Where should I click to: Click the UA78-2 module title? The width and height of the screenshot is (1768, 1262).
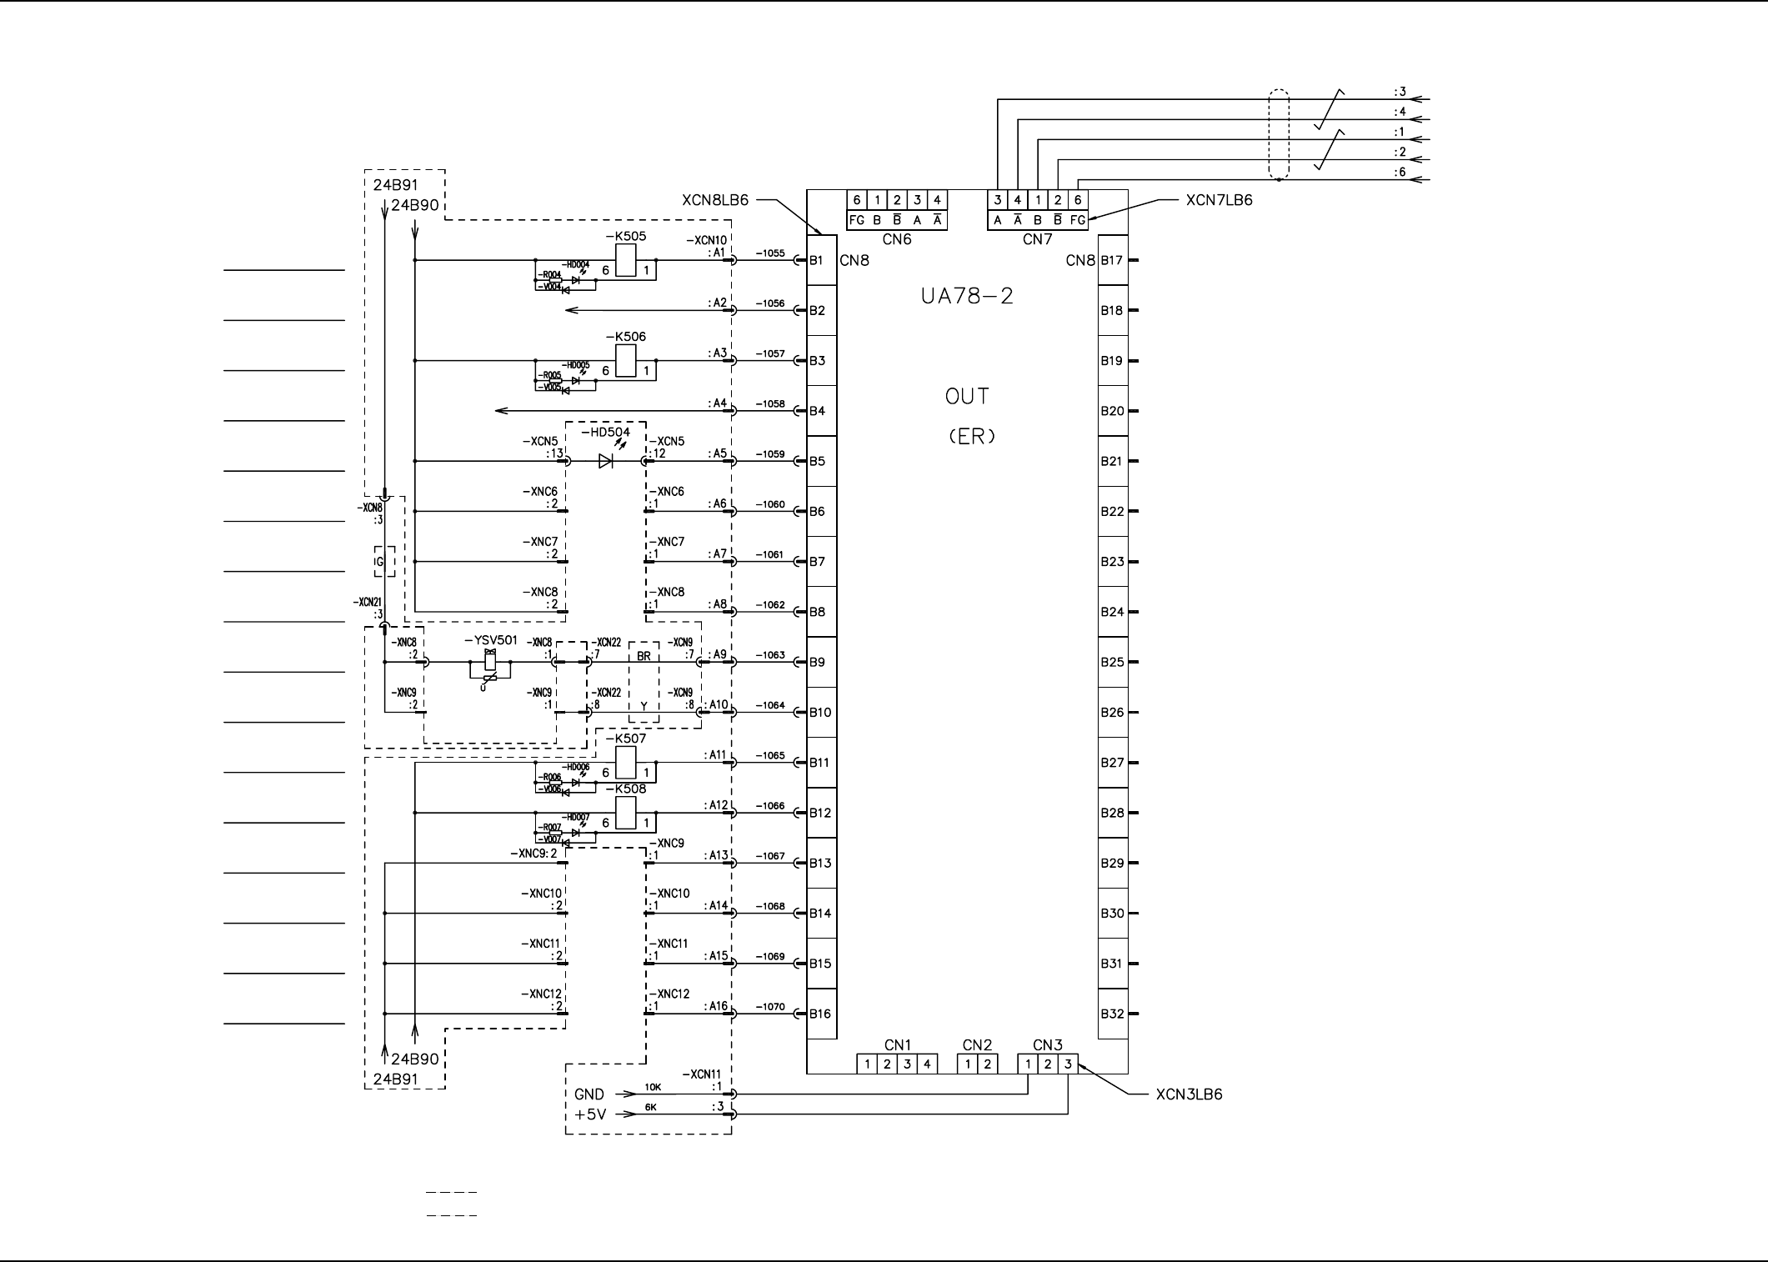coord(967,297)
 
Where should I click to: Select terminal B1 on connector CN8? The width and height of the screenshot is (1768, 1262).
coord(817,260)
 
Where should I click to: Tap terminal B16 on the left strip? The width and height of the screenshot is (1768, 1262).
coord(820,1014)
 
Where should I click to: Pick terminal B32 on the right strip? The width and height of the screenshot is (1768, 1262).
coord(1112,1014)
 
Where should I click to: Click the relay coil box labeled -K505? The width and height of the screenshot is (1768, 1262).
coord(626,260)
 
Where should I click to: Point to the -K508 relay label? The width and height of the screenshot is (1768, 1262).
coord(625,789)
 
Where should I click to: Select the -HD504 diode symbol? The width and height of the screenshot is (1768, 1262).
coord(606,461)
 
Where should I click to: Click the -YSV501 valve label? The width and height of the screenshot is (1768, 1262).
coord(490,640)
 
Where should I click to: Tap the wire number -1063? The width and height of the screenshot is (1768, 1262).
coord(770,655)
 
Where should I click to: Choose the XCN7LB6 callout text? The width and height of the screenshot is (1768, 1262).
coord(1219,200)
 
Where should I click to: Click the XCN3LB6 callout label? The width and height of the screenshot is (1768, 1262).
coord(1189,1094)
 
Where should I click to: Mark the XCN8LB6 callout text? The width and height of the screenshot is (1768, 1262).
coord(715,200)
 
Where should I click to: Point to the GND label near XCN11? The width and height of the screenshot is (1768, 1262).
coord(589,1094)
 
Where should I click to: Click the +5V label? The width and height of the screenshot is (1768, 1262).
coord(589,1114)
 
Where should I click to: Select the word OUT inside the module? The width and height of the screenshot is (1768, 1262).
coord(967,397)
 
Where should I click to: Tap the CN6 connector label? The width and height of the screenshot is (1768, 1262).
coord(897,240)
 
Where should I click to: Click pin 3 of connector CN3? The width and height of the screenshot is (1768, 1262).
coord(1068,1064)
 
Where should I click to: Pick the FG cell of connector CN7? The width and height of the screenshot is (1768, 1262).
coord(1078,220)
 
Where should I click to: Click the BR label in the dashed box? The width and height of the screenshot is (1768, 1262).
coord(644,656)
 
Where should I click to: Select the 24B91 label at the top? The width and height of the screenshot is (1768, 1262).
coord(395,185)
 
